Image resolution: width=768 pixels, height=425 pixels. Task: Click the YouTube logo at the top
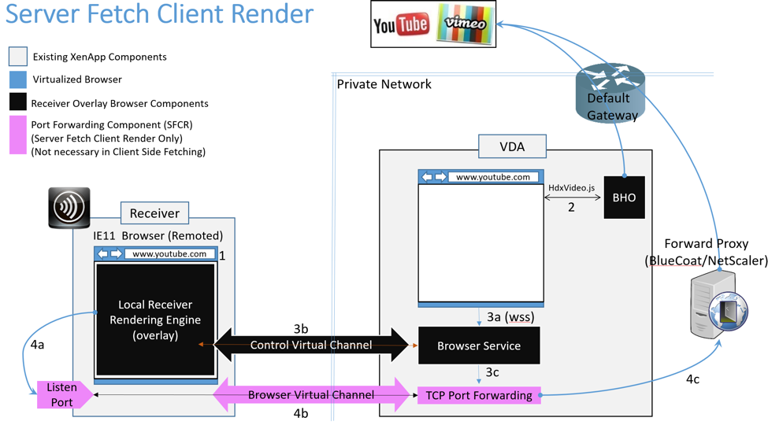tap(401, 24)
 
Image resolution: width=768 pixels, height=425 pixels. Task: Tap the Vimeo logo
tap(466, 24)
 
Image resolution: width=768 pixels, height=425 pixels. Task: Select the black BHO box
tap(624, 198)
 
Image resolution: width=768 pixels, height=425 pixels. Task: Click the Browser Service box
tap(479, 346)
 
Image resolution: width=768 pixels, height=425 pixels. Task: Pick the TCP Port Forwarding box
tap(479, 395)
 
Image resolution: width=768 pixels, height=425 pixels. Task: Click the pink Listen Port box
tap(61, 395)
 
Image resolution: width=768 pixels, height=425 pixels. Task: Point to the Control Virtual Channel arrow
tap(310, 345)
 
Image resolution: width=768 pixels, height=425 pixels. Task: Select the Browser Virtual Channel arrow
tap(310, 395)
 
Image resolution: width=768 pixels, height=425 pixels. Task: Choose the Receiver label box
tap(154, 213)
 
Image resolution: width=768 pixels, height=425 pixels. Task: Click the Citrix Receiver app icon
tap(69, 208)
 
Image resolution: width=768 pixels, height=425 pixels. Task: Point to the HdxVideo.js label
tap(571, 189)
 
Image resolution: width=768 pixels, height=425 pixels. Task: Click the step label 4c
tap(692, 379)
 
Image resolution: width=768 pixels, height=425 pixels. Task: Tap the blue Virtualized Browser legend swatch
tap(17, 79)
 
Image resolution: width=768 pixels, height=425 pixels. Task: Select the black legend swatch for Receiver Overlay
tap(17, 102)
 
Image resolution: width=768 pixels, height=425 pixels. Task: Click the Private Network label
tap(384, 84)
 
